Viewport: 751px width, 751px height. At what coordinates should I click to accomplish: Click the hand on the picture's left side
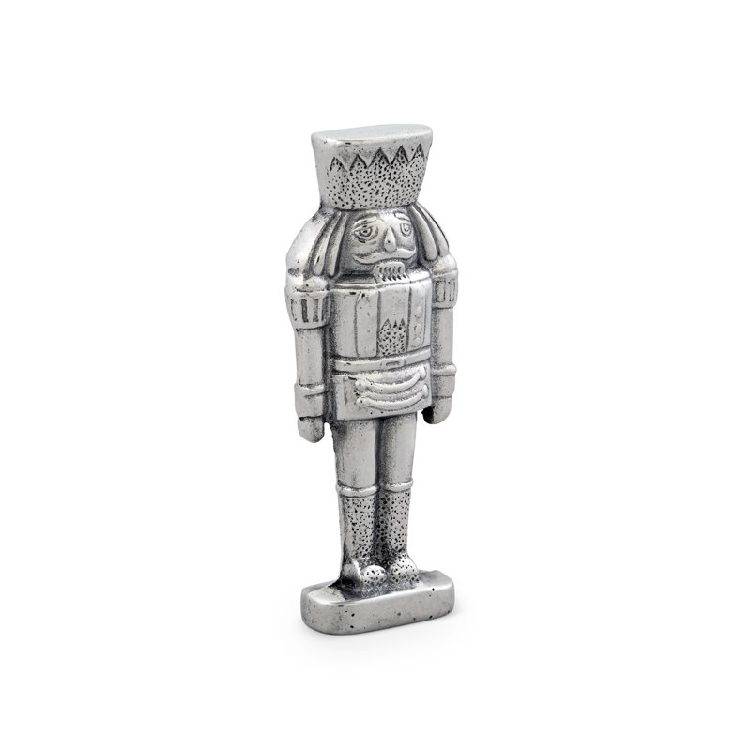(x=311, y=427)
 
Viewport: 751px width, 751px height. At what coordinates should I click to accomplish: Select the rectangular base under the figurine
(x=375, y=601)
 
